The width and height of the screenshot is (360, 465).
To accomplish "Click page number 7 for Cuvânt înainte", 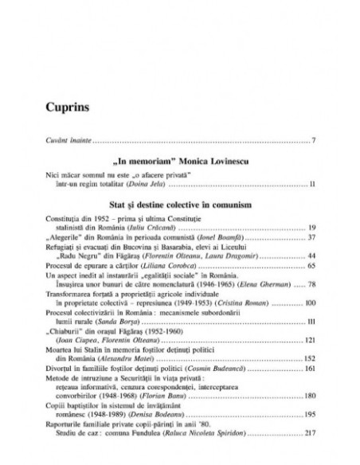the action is pyautogui.click(x=293, y=141).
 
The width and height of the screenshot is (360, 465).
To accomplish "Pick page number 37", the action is pyautogui.click(x=291, y=237).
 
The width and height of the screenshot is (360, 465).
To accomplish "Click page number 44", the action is pyautogui.click(x=291, y=257).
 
